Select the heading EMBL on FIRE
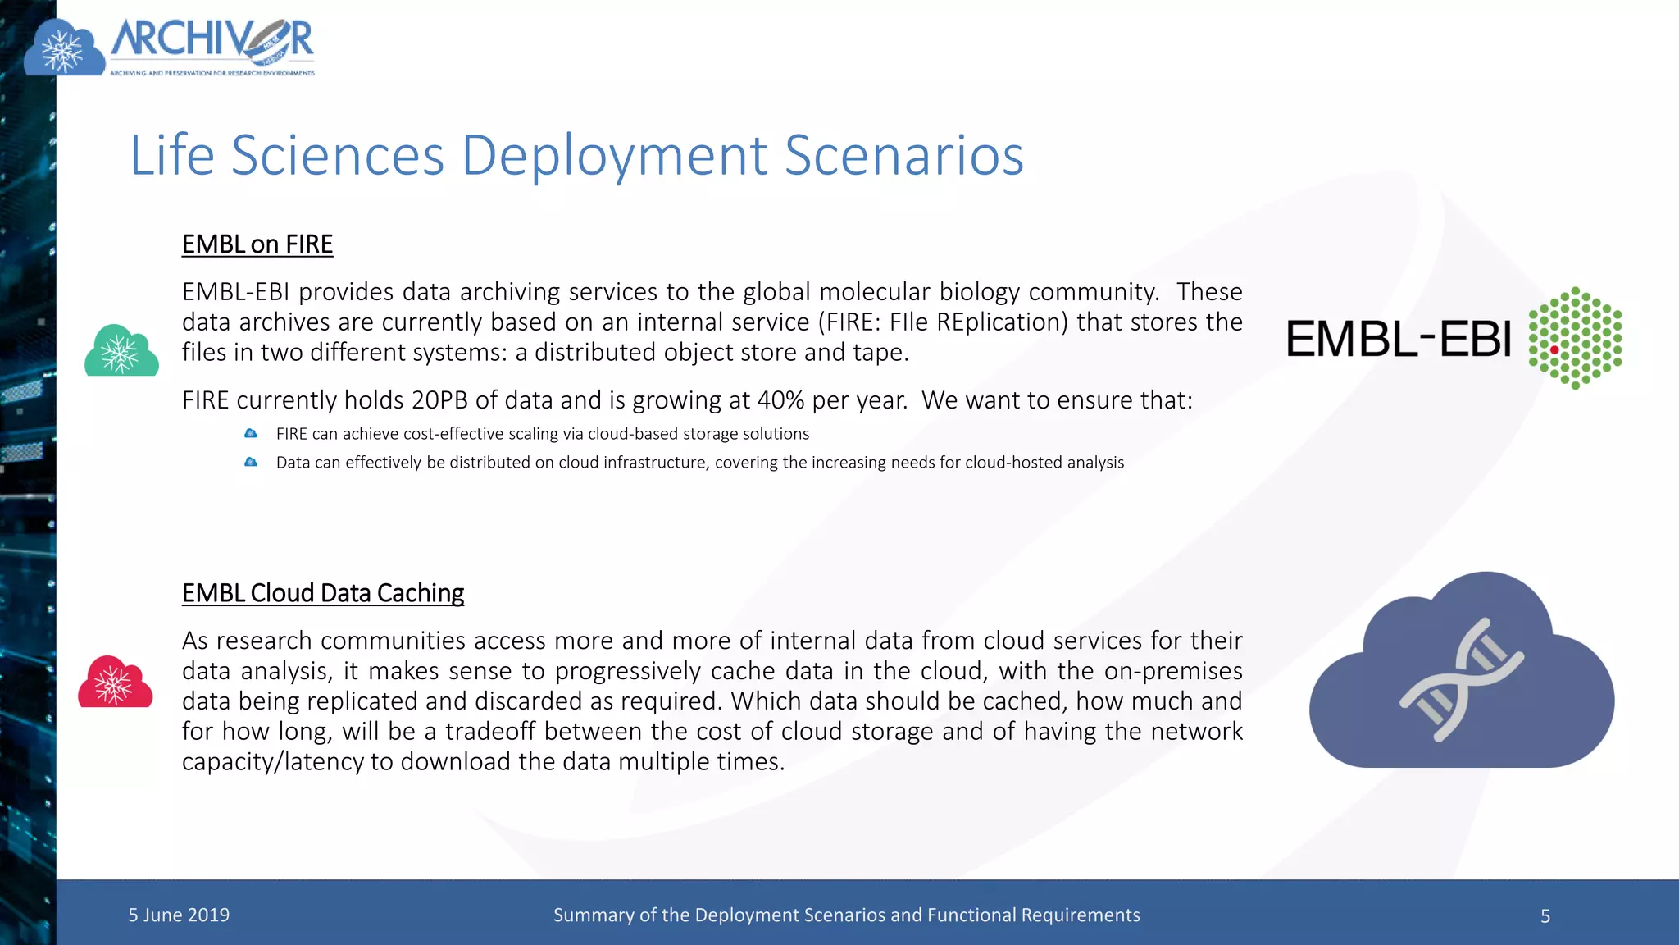(257, 244)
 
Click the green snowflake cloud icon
(121, 352)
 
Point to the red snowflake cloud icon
(115, 682)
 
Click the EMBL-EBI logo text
(1399, 339)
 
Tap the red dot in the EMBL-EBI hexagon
(1554, 350)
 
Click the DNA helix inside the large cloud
(1462, 679)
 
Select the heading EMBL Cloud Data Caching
(322, 593)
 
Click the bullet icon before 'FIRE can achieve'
(251, 434)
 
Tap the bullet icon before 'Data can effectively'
(251, 463)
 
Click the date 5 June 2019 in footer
(179, 915)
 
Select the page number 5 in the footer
(1545, 916)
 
